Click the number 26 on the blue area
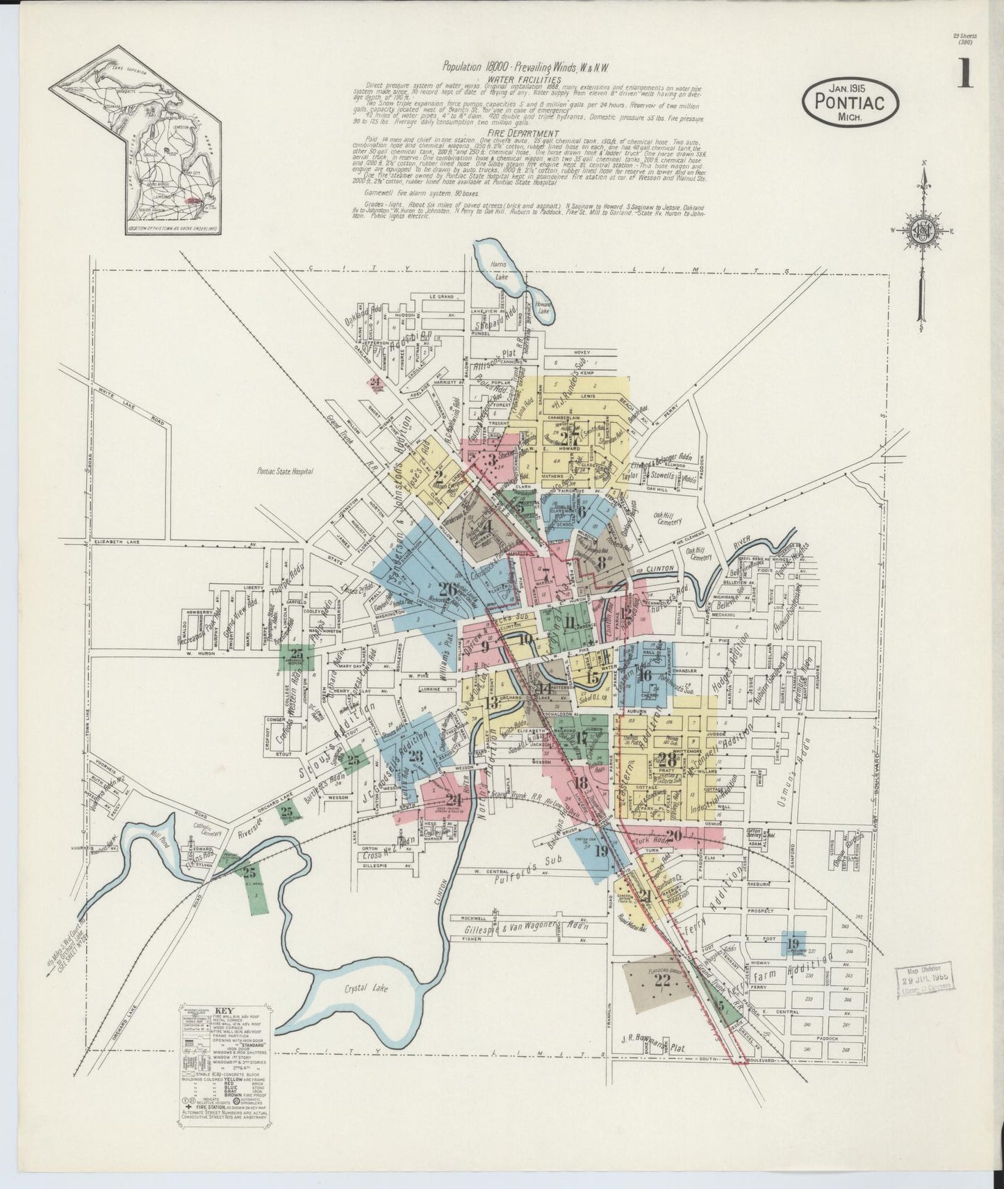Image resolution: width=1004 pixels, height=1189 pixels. click(450, 591)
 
